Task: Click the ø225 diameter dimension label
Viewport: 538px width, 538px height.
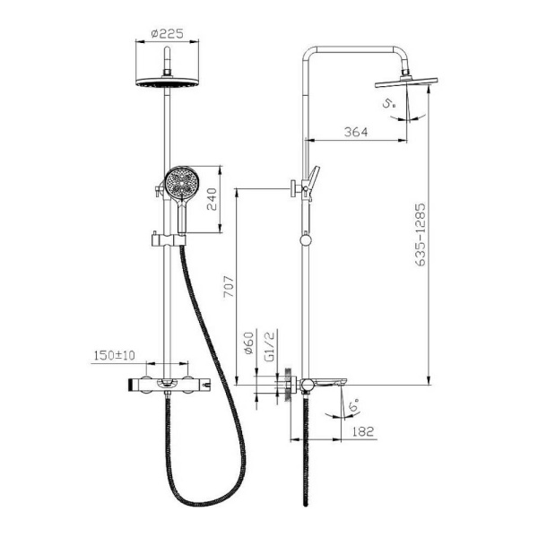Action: point(167,34)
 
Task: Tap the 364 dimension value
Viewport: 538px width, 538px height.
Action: point(356,132)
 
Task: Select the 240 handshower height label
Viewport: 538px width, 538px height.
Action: point(212,199)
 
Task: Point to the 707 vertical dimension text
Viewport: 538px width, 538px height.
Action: point(229,286)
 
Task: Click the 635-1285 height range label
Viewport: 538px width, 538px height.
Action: point(420,235)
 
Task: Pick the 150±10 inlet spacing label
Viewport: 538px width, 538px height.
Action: point(115,355)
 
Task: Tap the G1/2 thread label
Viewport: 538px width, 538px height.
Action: point(270,346)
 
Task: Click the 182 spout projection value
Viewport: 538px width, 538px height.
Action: point(362,431)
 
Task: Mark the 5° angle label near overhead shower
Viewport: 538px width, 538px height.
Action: point(389,103)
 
